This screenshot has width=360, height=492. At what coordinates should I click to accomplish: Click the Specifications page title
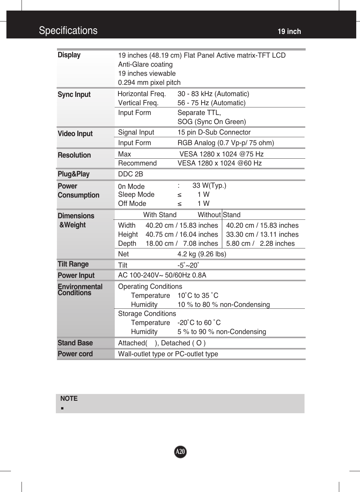(x=68, y=31)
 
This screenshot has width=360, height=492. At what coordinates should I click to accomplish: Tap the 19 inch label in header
(x=289, y=32)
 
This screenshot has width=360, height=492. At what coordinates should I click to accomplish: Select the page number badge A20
(x=180, y=452)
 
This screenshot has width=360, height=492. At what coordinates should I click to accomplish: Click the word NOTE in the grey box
(x=69, y=399)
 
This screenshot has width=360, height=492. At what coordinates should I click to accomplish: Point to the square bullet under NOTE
(x=62, y=408)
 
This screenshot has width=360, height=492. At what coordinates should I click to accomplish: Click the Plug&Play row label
(x=74, y=174)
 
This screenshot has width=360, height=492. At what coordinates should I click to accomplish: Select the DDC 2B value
(x=131, y=174)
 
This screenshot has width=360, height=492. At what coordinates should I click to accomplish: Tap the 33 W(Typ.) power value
(x=209, y=185)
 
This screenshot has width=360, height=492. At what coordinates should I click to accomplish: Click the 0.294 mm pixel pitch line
(x=149, y=83)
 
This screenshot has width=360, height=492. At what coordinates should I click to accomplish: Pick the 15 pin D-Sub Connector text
(x=214, y=132)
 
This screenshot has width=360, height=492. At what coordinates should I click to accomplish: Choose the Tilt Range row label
(x=73, y=264)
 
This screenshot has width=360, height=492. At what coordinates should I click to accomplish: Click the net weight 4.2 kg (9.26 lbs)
(x=202, y=254)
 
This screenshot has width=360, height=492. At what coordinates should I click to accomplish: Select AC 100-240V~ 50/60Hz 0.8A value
(x=162, y=275)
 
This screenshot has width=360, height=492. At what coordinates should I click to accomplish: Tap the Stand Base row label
(x=75, y=343)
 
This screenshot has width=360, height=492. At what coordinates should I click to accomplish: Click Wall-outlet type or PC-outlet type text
(x=168, y=354)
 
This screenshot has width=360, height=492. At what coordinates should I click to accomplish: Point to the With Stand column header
(x=160, y=215)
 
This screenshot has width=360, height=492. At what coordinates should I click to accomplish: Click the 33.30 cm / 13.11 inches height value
(x=262, y=235)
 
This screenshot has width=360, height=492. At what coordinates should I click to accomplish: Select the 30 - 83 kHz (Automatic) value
(x=213, y=94)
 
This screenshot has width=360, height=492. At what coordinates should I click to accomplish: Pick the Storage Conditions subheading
(x=147, y=314)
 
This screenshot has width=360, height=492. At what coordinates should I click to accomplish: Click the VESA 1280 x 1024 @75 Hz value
(x=222, y=154)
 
